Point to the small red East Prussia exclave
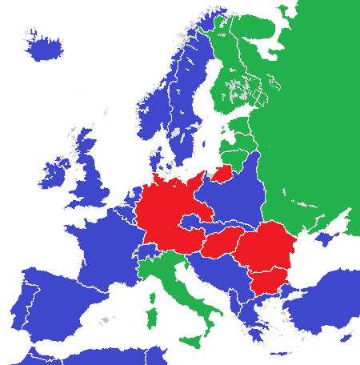223,173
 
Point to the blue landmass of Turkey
328,308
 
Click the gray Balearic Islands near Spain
103,320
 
